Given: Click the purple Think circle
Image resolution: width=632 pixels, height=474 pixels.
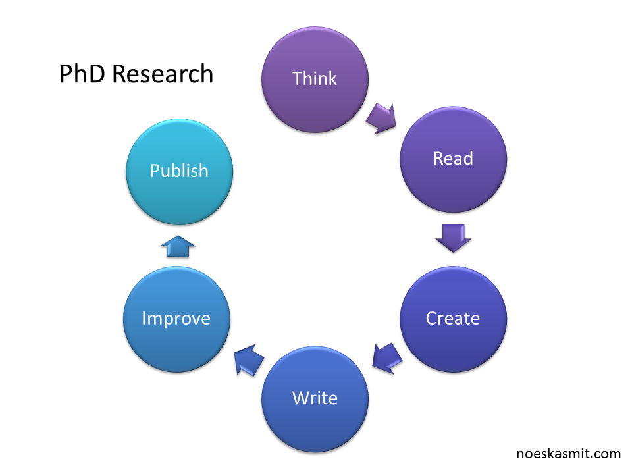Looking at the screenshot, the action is (315, 80).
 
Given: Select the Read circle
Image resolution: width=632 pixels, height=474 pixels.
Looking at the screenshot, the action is (453, 159).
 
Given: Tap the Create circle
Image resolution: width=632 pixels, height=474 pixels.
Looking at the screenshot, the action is (453, 319).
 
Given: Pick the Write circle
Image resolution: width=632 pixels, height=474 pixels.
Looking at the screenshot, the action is (315, 399).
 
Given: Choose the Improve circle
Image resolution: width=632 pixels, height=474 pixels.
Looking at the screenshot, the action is (176, 319).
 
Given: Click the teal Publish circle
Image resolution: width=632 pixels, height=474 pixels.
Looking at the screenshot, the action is (179, 172).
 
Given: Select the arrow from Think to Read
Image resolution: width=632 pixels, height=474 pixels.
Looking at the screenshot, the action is (382, 118).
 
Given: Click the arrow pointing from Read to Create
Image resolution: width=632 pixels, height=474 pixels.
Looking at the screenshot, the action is (454, 238).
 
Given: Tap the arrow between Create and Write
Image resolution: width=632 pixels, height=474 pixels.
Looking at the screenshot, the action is (387, 358).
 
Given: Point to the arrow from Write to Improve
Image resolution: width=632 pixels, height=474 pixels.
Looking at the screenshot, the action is (249, 360).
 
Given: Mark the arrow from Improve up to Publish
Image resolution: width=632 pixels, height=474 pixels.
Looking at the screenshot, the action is (178, 246).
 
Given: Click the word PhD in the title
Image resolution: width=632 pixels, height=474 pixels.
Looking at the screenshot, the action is (83, 74).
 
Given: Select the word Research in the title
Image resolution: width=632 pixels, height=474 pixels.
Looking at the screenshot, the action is (163, 74).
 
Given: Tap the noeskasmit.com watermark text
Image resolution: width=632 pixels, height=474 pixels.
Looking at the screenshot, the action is (568, 454).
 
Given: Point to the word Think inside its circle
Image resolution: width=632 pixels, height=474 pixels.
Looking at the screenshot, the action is (315, 78).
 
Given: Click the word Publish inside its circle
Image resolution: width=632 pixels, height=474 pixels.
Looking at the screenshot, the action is (179, 171).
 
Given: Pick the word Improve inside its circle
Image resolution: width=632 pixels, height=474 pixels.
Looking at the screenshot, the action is (176, 319).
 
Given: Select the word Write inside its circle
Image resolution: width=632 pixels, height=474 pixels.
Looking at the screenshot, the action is (315, 398).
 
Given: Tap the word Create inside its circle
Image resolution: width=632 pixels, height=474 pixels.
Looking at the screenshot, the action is (453, 318).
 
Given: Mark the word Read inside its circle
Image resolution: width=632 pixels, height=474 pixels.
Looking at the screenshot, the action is (453, 158).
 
